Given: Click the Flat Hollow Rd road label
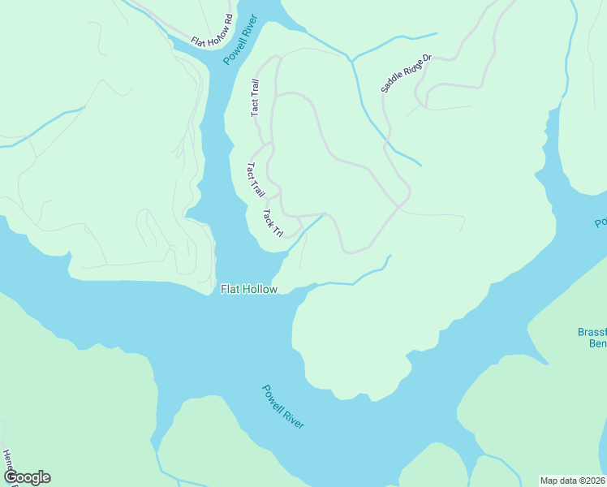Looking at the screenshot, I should click(211, 31).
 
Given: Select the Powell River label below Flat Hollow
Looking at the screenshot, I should click(283, 406).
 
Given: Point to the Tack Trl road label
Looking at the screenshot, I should click(272, 223).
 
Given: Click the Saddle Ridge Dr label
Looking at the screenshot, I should click(407, 73).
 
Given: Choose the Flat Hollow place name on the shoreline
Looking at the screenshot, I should click(249, 289).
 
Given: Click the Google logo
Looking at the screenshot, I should click(27, 477).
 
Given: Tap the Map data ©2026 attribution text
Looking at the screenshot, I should click(573, 480).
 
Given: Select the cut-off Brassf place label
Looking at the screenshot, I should click(592, 332).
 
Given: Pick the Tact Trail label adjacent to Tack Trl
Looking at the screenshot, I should click(256, 180).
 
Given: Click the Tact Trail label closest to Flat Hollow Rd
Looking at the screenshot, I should click(255, 97).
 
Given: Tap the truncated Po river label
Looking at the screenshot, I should click(601, 222).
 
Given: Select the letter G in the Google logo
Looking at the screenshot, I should click(11, 477).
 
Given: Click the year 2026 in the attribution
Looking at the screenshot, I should click(595, 480).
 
